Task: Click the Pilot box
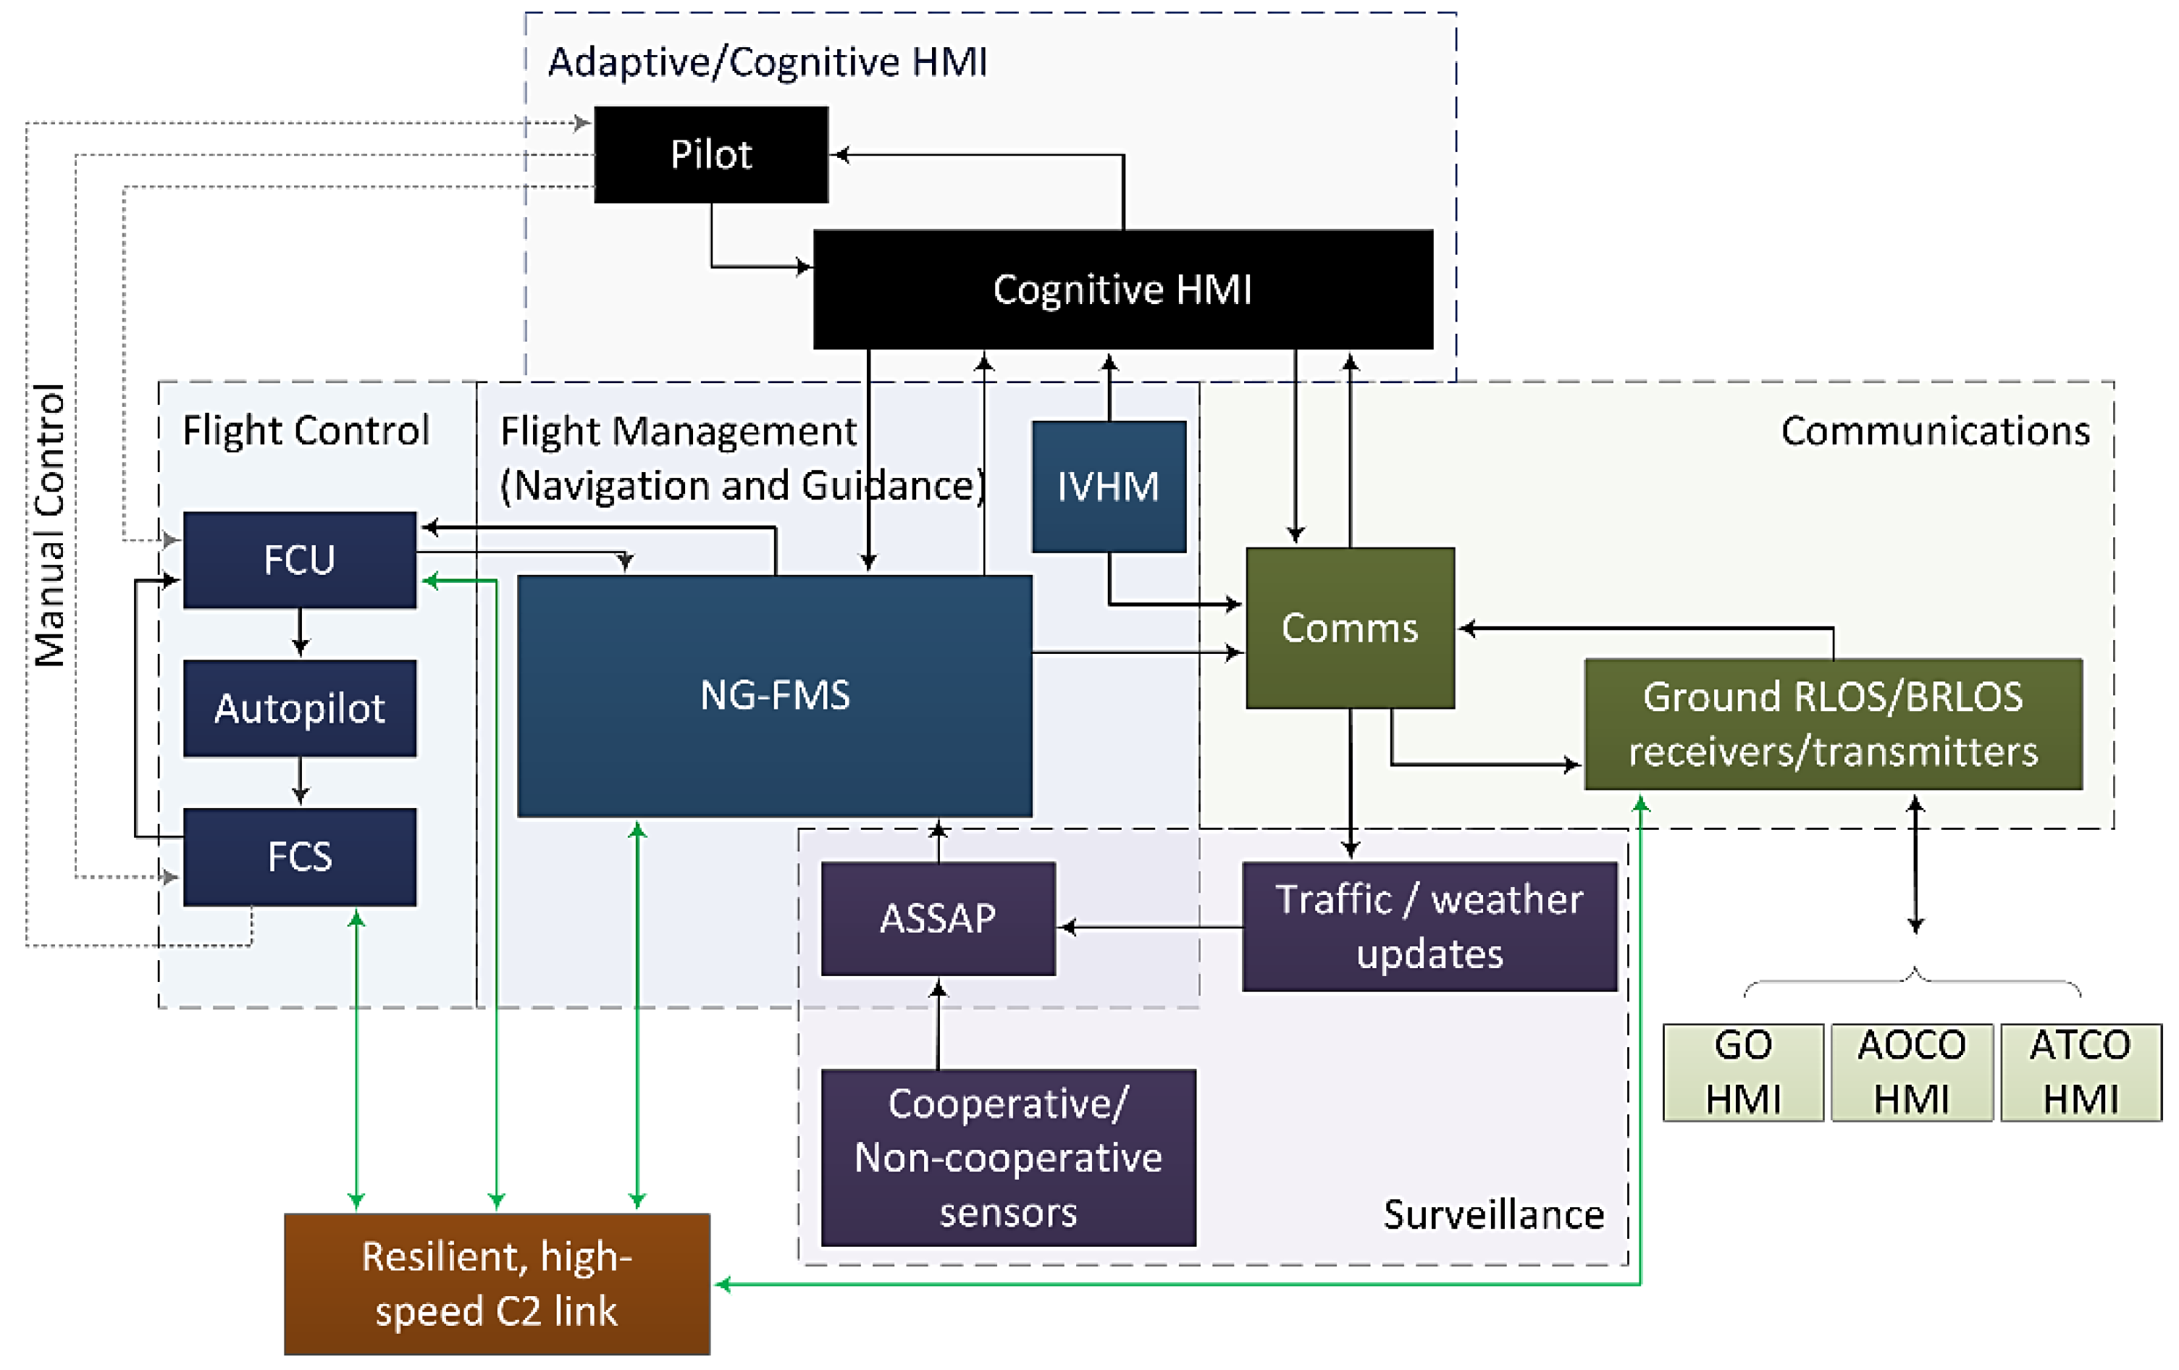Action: (710, 155)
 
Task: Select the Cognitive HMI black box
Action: (1123, 290)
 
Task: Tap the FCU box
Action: (300, 560)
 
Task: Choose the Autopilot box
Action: (300, 708)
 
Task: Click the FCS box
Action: (300, 857)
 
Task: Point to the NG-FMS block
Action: (775, 696)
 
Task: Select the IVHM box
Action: (1109, 487)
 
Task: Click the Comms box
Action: (1350, 628)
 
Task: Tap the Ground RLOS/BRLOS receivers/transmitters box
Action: (1834, 724)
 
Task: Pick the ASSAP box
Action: (939, 918)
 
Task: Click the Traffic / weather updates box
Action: (1429, 927)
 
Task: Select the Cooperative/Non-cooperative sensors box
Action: (1009, 1159)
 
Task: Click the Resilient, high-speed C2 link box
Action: (497, 1284)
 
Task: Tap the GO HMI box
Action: (1743, 1073)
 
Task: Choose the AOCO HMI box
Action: (1912, 1073)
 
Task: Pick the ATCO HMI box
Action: (2081, 1073)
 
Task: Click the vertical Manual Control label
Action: (50, 525)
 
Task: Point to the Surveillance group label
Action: (1493, 1214)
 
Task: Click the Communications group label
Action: (1936, 431)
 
